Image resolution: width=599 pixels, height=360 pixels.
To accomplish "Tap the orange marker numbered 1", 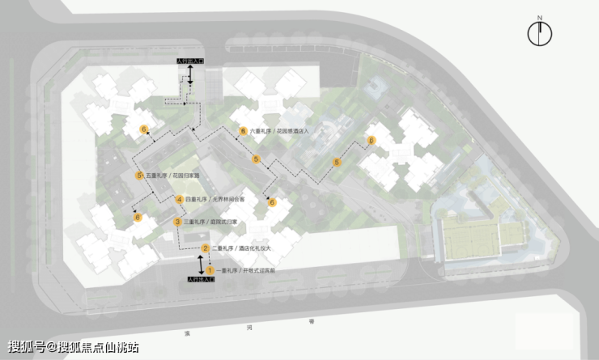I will coord(209,269).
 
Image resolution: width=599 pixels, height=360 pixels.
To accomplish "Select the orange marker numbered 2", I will coord(206,248).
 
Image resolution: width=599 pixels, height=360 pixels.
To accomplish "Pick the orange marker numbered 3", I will coord(177,222).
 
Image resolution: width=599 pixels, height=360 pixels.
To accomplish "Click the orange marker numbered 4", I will coord(180,199).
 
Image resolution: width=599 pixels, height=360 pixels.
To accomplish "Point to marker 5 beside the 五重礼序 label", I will coord(139,176).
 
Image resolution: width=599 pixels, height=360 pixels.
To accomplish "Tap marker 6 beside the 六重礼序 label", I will coord(241,130).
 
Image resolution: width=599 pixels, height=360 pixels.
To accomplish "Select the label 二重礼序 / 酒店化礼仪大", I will coord(242,248).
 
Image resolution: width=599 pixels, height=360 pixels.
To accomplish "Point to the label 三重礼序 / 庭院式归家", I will coord(211,222).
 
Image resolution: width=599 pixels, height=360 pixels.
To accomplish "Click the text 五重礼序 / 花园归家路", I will coord(173,176).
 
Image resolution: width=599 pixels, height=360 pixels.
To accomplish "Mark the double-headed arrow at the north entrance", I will coord(190,75).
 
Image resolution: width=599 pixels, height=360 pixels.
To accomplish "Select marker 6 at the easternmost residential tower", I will coord(372,142).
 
